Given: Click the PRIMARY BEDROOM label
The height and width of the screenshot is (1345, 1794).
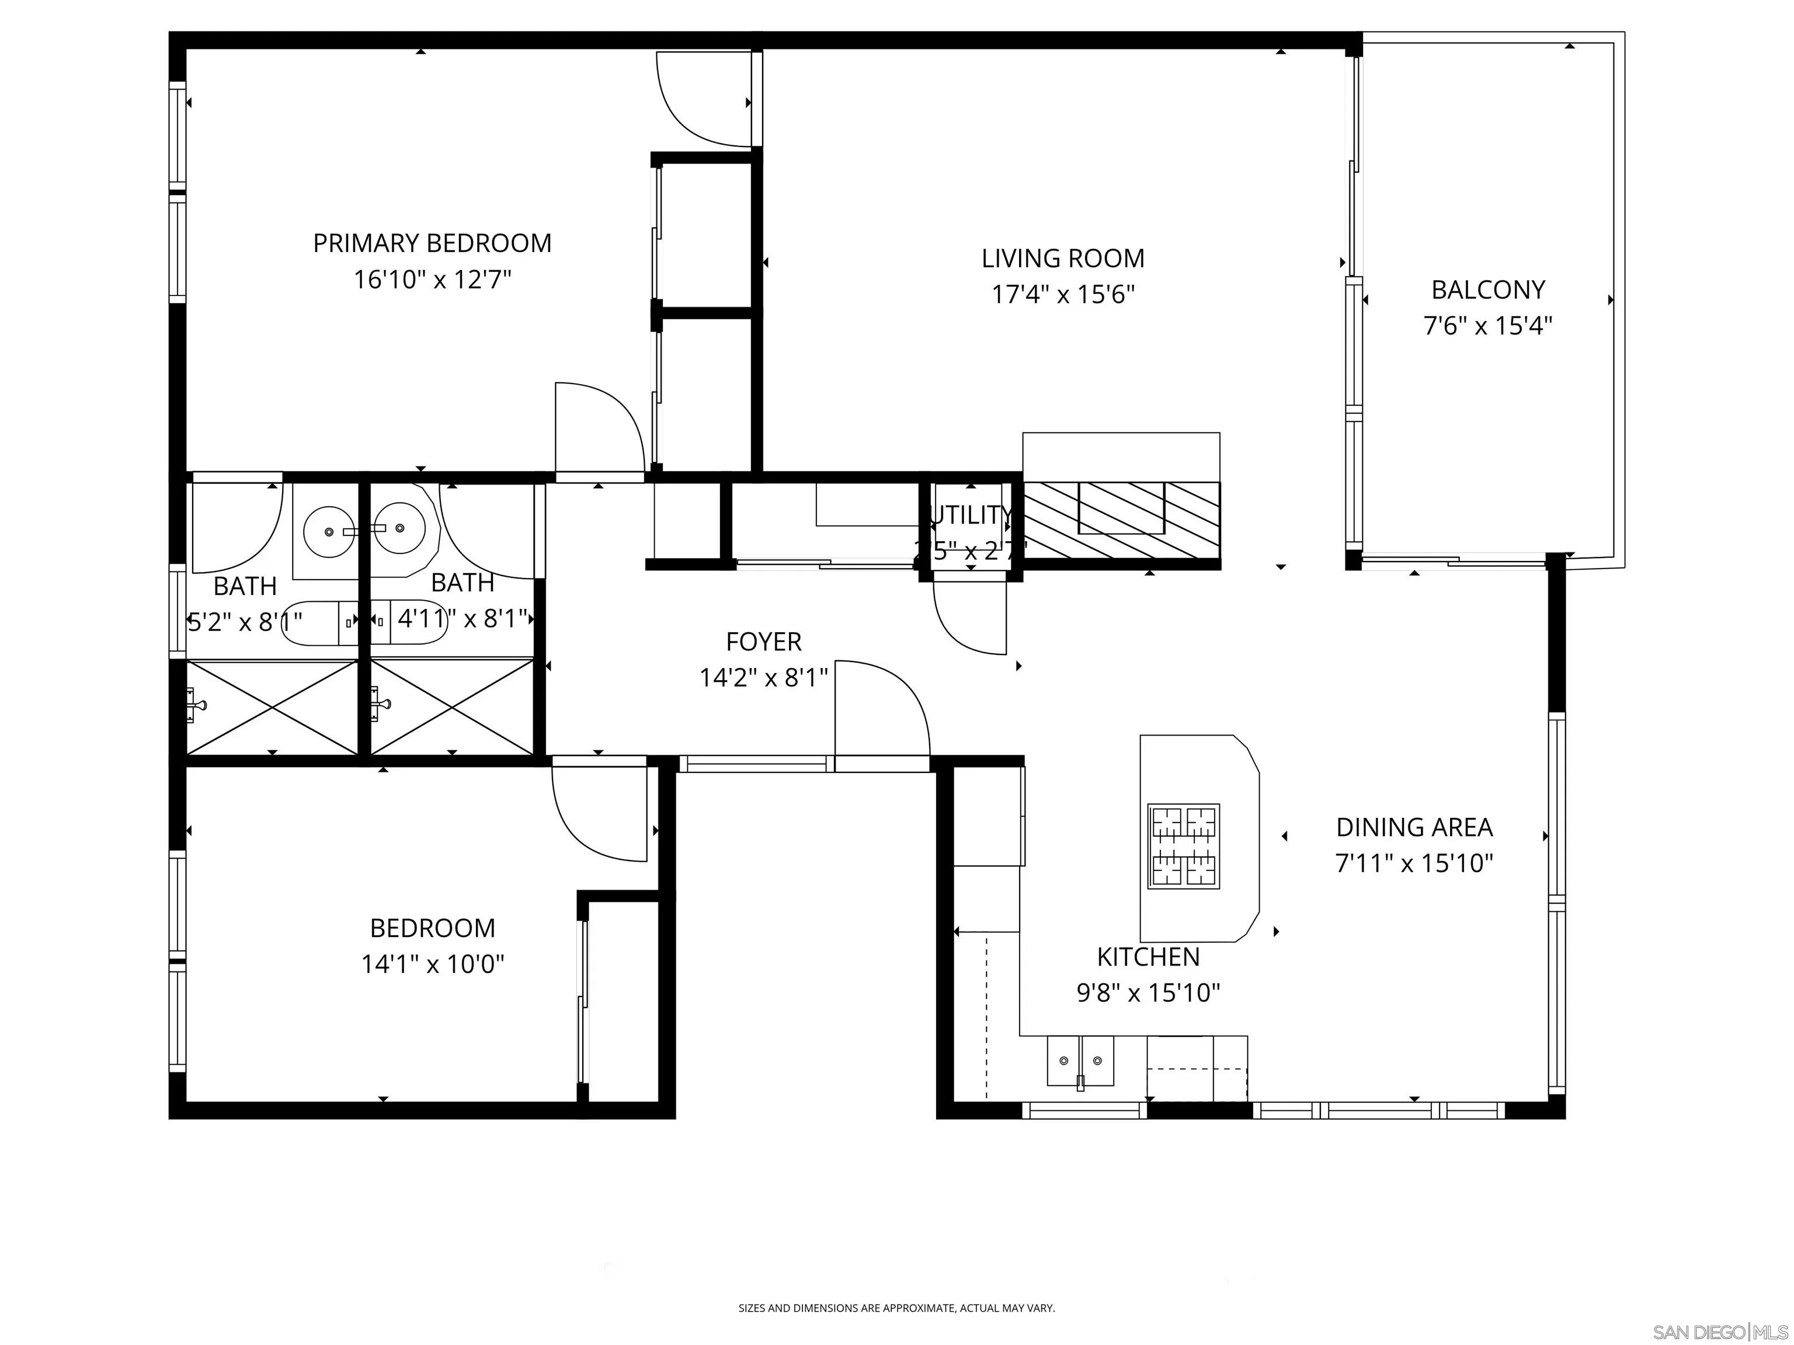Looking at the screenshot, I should pos(432,243).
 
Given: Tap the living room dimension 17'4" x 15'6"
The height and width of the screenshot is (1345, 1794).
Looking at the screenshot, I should pos(1062,294).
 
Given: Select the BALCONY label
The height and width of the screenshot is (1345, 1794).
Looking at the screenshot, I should pos(1487,290).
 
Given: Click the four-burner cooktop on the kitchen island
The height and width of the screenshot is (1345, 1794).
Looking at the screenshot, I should pos(1183,846).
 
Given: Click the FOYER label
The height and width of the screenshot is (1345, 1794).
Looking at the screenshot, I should pos(763,642).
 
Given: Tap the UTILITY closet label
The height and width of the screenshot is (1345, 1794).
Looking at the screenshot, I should pos(970,515).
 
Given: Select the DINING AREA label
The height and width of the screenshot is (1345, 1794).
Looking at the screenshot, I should pos(1414,827).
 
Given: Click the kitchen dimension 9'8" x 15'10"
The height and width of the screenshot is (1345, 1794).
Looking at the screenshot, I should pos(1148,992).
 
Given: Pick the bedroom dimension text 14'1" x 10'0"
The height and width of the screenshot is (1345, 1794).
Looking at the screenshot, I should pos(432,964).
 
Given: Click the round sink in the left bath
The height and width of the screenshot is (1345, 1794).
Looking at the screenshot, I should pos(328,531).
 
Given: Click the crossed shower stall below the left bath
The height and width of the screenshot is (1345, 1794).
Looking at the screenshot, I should pos(273,707).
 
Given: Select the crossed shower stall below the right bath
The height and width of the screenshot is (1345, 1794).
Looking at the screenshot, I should pos(453,707).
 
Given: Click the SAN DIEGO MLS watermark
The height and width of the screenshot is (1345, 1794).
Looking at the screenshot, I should pos(1719,1332).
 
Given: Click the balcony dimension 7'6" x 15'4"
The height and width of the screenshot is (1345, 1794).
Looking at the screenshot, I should pos(1487,326).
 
